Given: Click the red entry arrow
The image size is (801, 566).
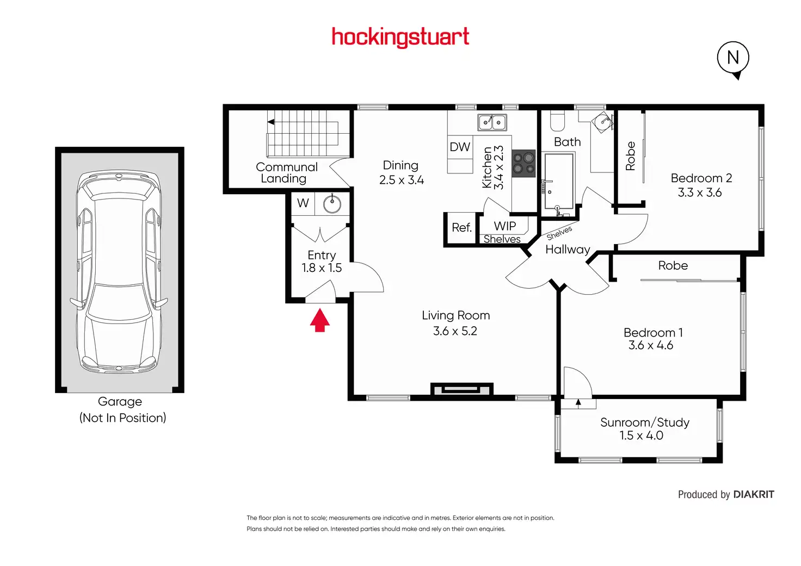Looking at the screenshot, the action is (320, 320).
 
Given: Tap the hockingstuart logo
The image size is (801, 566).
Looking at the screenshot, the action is (401, 37).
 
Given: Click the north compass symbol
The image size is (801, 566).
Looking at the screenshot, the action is (733, 58).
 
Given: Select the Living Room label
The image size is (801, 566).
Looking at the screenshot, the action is (455, 315).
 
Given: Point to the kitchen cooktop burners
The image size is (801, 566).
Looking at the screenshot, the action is (524, 164).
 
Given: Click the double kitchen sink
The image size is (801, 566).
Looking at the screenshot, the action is (492, 122).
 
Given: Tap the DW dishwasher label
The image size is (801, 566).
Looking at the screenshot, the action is (460, 147).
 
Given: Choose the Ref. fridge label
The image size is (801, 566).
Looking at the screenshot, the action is (461, 227).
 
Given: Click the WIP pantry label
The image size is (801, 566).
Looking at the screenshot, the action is (504, 226).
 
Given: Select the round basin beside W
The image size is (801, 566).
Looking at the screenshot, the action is (332, 204).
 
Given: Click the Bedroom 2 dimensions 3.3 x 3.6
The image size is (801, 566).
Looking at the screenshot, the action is (700, 192).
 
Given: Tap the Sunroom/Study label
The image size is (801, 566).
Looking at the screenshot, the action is (645, 422).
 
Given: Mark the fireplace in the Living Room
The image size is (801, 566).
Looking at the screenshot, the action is (461, 389).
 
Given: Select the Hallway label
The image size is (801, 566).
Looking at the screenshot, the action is (568, 250).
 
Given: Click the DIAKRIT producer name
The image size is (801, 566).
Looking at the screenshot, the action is (754, 494).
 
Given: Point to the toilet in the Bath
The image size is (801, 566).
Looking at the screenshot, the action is (557, 121).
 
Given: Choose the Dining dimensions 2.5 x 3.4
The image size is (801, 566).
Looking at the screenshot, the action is (402, 180).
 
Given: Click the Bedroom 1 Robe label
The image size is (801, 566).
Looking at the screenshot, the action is (673, 265).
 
